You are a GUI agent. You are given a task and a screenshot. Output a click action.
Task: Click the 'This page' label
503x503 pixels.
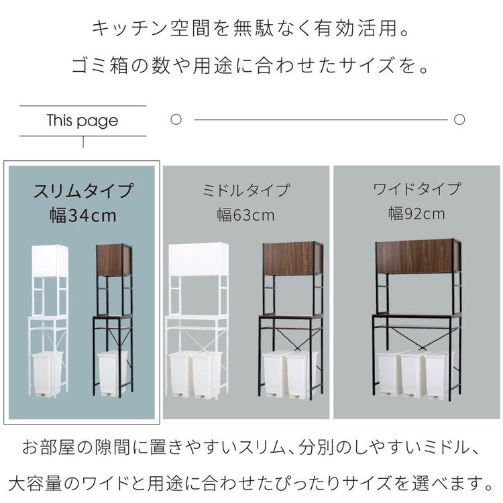click(x=82, y=121)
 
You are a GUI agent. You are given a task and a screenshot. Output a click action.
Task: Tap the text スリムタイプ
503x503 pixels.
click(x=84, y=191)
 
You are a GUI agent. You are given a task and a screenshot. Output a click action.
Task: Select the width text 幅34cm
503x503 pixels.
click(x=83, y=215)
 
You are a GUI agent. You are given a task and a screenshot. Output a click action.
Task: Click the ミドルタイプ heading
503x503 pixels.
click(x=246, y=190)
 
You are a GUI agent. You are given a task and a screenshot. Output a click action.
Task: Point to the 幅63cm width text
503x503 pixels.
click(x=245, y=215)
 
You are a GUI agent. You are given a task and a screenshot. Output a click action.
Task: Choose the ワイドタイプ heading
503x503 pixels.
click(x=416, y=188)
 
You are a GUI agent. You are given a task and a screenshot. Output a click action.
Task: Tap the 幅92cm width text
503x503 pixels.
click(x=416, y=214)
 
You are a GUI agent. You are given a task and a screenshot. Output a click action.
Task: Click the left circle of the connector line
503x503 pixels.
click(x=176, y=120)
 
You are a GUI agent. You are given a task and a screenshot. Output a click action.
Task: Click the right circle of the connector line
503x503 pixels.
click(x=459, y=120)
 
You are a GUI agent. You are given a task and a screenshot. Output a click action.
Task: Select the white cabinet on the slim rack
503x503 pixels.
click(x=50, y=261)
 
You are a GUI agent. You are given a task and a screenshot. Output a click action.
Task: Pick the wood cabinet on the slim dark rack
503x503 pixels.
click(x=113, y=260)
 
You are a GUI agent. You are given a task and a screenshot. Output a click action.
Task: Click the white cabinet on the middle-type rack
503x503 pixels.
click(x=199, y=260)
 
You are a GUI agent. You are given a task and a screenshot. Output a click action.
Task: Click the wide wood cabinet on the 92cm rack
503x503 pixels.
click(x=416, y=256)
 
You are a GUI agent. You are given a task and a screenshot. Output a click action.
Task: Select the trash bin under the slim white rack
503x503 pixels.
click(x=48, y=374)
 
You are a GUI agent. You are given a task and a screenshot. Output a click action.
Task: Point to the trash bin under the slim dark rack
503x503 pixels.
click(x=112, y=372)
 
